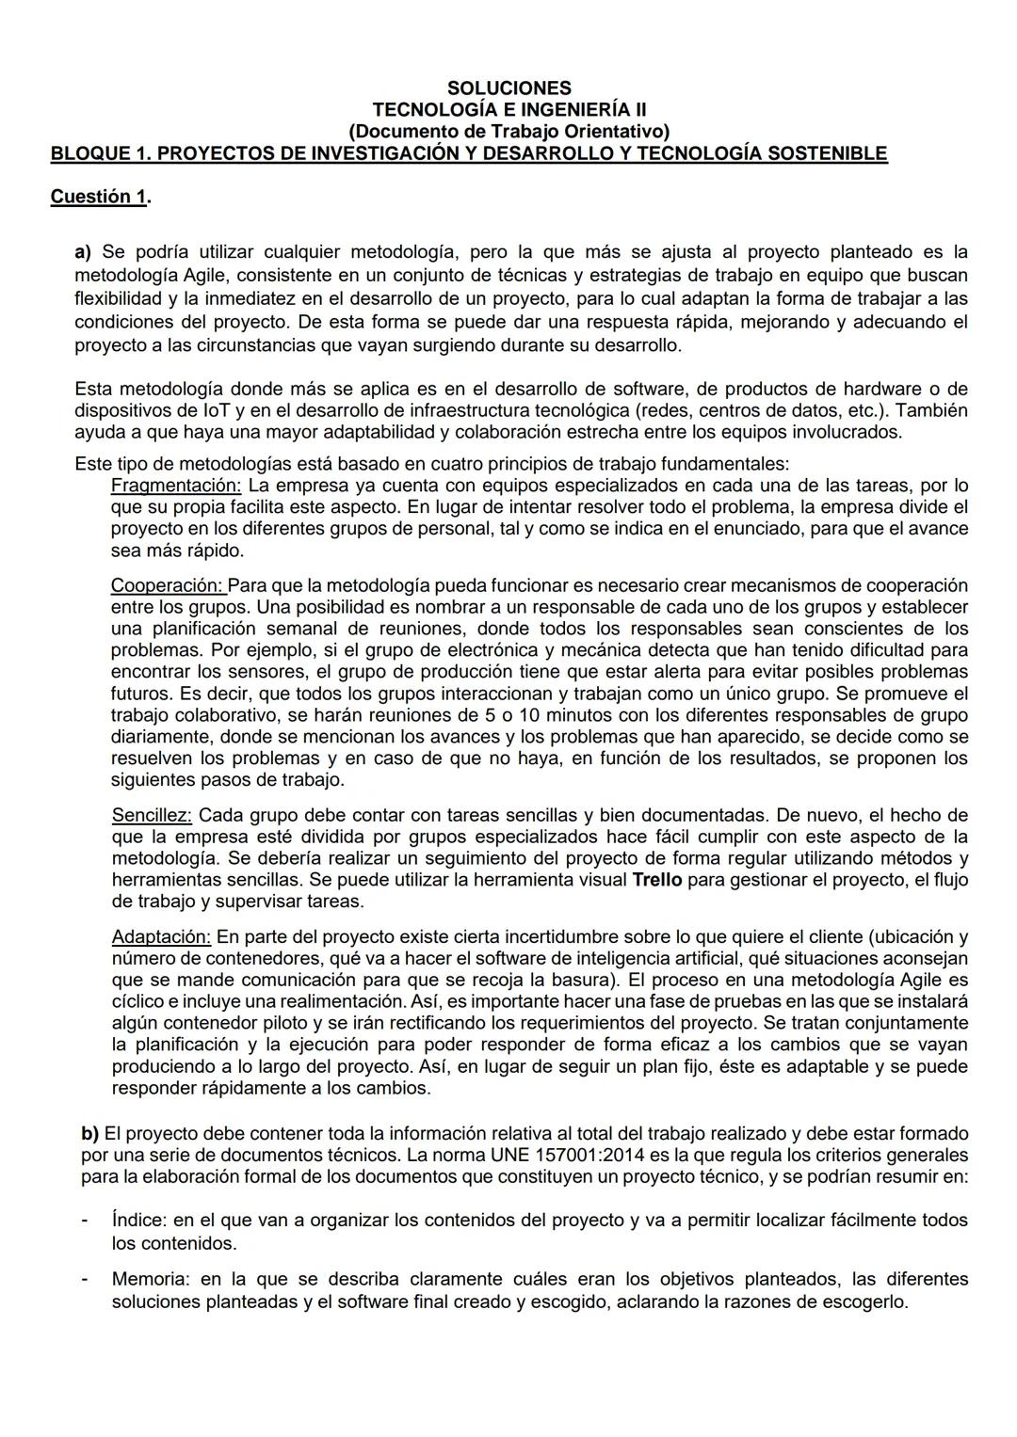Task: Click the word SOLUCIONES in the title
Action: click(508, 88)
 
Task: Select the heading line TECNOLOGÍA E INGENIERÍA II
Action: click(508, 110)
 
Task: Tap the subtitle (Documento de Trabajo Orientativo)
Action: click(508, 132)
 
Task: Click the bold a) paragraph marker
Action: click(83, 252)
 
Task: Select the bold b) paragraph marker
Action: click(89, 1134)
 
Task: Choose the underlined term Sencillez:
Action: click(152, 815)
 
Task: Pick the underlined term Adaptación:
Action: click(161, 937)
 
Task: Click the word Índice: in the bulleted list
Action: click(139, 1221)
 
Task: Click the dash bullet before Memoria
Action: click(84, 1280)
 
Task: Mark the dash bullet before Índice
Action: click(84, 1221)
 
